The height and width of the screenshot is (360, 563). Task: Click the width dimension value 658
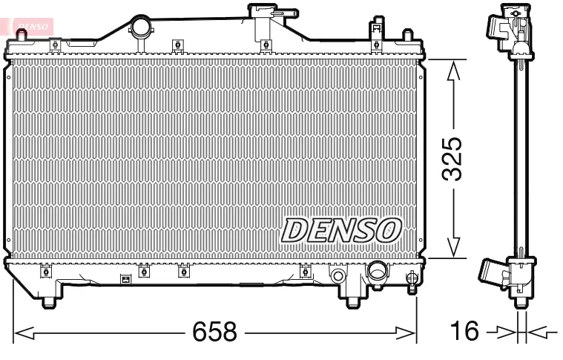[214, 332]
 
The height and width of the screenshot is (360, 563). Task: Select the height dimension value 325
[452, 159]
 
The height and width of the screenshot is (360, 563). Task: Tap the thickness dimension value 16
[466, 332]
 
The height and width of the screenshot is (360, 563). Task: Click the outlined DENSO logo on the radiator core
[340, 231]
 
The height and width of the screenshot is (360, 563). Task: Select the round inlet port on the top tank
[140, 27]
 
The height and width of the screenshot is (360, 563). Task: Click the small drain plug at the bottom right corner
[412, 280]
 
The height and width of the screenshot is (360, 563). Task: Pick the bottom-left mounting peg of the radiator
[48, 301]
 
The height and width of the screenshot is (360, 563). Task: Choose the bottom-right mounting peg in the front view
[353, 301]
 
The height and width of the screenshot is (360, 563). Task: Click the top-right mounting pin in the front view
[406, 36]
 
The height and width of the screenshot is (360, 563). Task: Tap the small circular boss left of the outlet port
[338, 277]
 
